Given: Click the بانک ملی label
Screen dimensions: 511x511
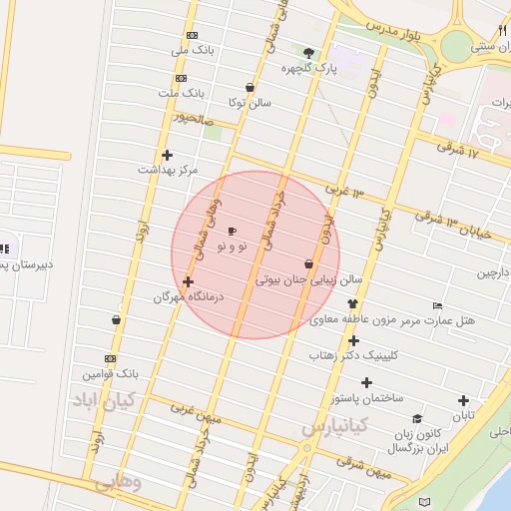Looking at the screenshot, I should pyautogui.click(x=193, y=49).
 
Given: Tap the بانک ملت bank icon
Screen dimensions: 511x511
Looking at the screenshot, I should pyautogui.click(x=180, y=78).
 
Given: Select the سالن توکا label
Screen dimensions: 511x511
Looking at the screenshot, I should pyautogui.click(x=250, y=102).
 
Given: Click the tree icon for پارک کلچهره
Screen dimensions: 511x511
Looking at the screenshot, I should pyautogui.click(x=308, y=54).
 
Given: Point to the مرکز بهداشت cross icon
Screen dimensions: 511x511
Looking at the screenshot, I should pyautogui.click(x=167, y=155).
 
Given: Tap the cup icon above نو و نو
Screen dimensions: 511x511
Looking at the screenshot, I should pyautogui.click(x=233, y=231).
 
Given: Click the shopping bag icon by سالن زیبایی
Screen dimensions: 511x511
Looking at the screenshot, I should pyautogui.click(x=308, y=263).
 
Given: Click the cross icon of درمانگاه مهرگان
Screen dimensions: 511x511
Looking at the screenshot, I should pyautogui.click(x=188, y=282).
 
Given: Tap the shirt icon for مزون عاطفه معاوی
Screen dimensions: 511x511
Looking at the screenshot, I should pyautogui.click(x=351, y=303).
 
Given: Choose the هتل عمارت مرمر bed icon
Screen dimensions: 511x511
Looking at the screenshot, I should pyautogui.click(x=437, y=305).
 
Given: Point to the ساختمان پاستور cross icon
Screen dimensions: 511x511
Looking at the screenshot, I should pyautogui.click(x=366, y=382).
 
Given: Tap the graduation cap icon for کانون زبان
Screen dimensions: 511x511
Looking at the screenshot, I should pyautogui.click(x=417, y=418).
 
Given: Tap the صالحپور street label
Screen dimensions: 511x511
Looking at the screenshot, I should pyautogui.click(x=195, y=118).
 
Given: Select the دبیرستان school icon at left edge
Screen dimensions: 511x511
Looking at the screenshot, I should pyautogui.click(x=4, y=249).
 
